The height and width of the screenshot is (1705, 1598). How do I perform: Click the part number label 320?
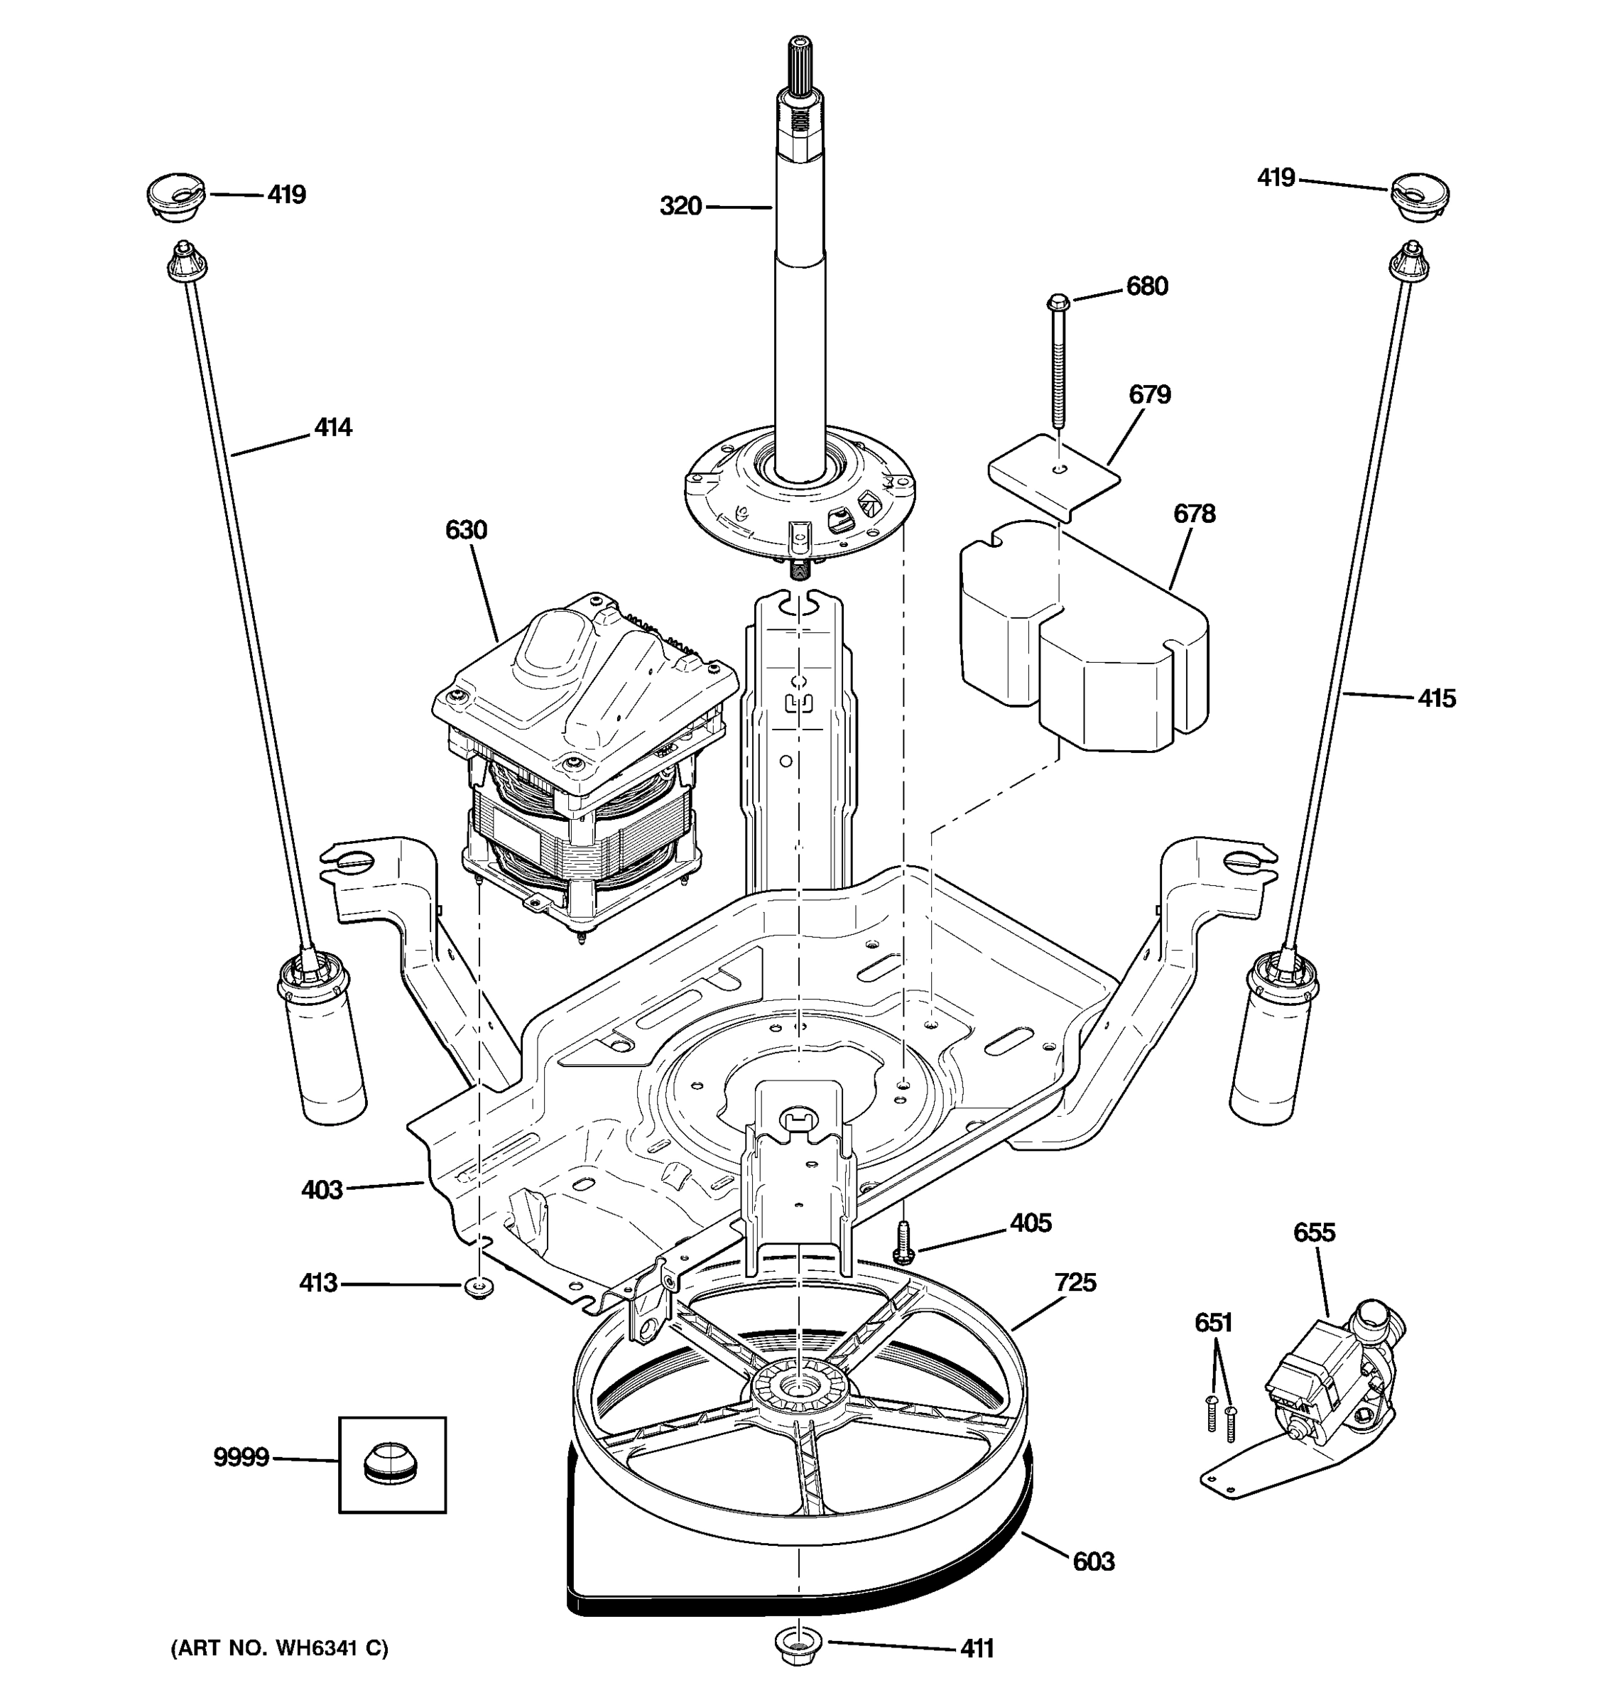(x=680, y=206)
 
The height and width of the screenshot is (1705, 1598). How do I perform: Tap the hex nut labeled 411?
(x=798, y=1644)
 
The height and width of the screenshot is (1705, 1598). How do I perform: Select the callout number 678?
(x=1193, y=514)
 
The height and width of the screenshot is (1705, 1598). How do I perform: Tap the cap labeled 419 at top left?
(x=175, y=195)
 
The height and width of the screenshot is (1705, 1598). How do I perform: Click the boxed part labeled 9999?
(x=392, y=1465)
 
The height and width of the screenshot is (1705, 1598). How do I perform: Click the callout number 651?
(x=1213, y=1323)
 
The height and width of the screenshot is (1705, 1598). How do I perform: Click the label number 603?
(x=1093, y=1561)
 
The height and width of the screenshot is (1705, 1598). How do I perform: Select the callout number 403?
(x=322, y=1189)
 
